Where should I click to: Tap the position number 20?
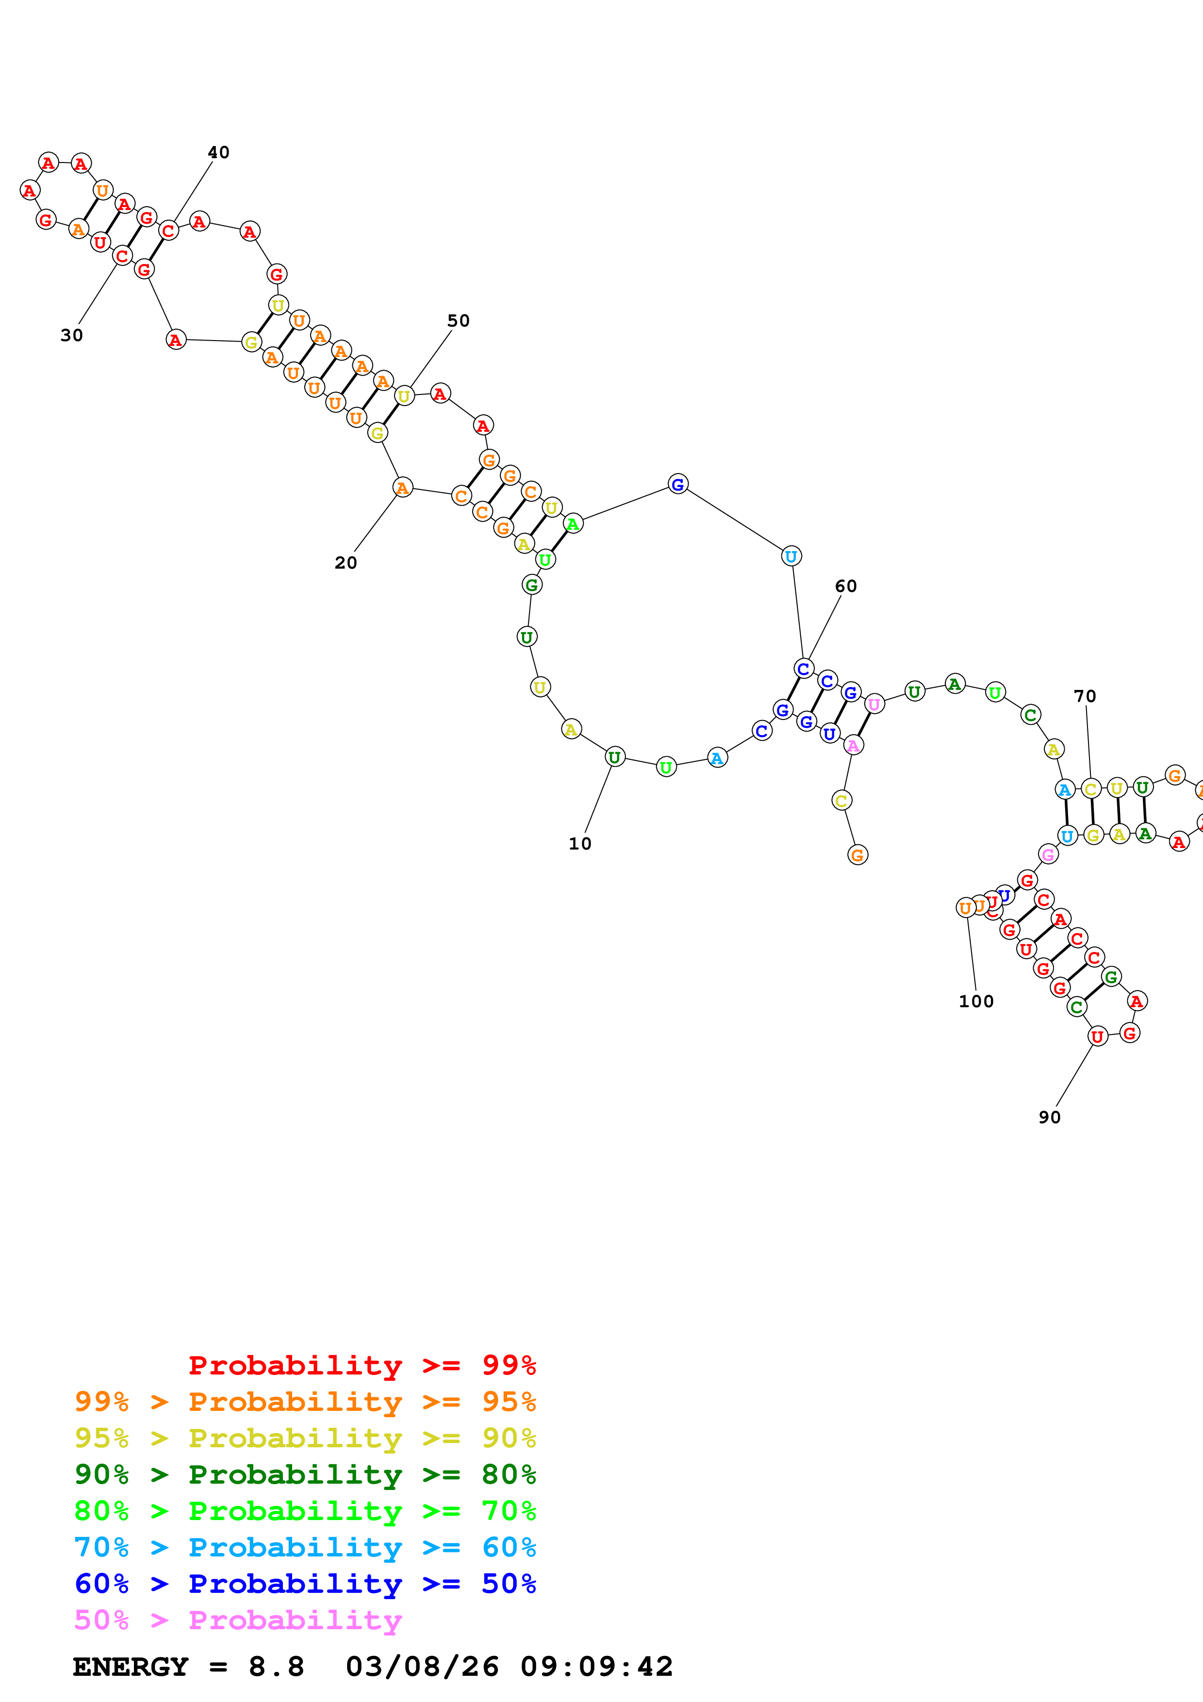[346, 563]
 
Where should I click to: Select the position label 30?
[71, 335]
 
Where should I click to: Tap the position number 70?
[1085, 696]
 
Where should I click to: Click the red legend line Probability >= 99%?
[362, 1365]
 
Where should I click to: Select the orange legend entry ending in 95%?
[305, 1401]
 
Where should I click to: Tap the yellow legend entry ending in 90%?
[305, 1438]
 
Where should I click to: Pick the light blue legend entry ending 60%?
[305, 1547]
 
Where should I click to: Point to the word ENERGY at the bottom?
[131, 1667]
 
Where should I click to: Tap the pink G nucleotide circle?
[1047, 855]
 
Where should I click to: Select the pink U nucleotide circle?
[874, 704]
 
